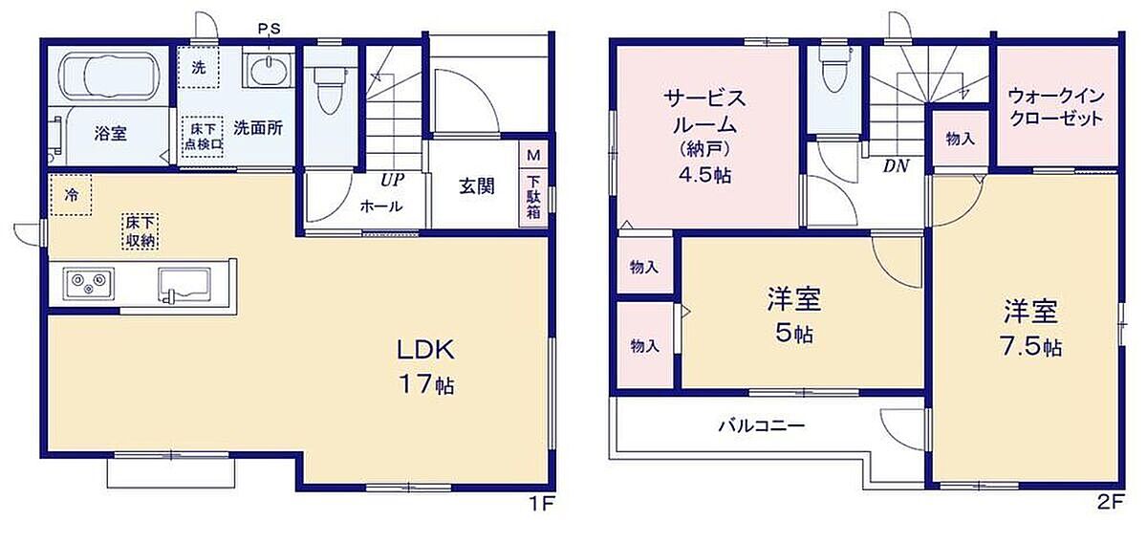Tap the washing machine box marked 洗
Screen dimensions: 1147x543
tap(199, 67)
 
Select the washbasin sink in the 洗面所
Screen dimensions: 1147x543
tap(270, 70)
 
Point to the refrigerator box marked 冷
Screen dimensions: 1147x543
tap(71, 195)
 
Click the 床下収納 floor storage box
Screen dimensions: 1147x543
tap(141, 231)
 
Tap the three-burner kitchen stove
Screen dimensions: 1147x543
tap(89, 283)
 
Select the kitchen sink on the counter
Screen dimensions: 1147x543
tap(184, 284)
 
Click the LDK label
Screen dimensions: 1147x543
tap(426, 351)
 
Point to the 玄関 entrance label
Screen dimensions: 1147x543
tap(477, 186)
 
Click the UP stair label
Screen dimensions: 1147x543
tap(392, 180)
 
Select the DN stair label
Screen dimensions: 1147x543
tap(896, 166)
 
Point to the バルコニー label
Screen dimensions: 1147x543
tap(762, 425)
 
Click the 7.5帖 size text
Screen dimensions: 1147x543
tap(1031, 347)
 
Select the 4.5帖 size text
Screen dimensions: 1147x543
tap(705, 176)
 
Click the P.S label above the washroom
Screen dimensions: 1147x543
tap(269, 30)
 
